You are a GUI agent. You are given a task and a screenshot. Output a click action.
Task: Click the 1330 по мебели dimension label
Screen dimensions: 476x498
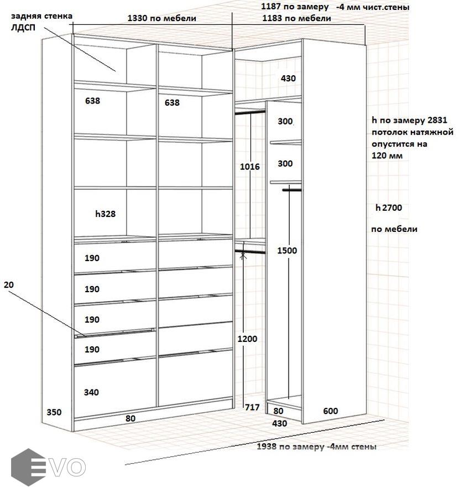pyautogui.click(x=161, y=18)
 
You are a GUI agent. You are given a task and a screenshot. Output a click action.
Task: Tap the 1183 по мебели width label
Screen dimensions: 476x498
pyautogui.click(x=296, y=18)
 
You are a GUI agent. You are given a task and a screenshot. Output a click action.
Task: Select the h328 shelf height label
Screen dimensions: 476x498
pyautogui.click(x=106, y=214)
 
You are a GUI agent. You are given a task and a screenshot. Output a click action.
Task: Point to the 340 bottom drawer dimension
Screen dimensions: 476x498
pyautogui.click(x=91, y=392)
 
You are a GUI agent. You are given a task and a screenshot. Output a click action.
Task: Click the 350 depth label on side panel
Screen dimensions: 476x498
pyautogui.click(x=54, y=412)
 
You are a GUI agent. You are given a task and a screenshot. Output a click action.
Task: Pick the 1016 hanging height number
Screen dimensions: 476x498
pyautogui.click(x=250, y=167)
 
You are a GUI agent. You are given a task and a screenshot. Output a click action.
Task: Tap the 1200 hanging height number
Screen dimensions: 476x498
pyautogui.click(x=248, y=339)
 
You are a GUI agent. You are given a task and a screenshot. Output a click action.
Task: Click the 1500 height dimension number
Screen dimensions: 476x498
pyautogui.click(x=287, y=250)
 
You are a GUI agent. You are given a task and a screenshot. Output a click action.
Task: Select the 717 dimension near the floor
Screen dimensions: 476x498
pyautogui.click(x=252, y=407)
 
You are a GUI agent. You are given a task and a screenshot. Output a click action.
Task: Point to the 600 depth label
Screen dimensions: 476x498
pyautogui.click(x=331, y=411)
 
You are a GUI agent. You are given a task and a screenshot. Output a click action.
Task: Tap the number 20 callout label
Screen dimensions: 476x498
pyautogui.click(x=9, y=284)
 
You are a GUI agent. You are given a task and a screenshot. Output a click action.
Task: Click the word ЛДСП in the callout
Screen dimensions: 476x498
pyautogui.click(x=23, y=27)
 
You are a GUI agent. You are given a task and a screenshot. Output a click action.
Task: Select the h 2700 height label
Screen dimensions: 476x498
pyautogui.click(x=389, y=207)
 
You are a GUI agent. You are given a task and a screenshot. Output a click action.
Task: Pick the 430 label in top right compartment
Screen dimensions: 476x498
pyautogui.click(x=288, y=78)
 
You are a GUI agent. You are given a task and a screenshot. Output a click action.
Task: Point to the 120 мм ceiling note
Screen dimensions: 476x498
pyautogui.click(x=387, y=155)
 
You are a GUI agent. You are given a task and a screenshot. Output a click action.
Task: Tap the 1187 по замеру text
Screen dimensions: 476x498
pyautogui.click(x=295, y=6)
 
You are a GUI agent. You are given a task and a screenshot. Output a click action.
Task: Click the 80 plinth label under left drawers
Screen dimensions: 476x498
pyautogui.click(x=130, y=418)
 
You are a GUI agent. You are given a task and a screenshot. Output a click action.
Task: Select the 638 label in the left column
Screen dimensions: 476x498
pyautogui.click(x=93, y=101)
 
